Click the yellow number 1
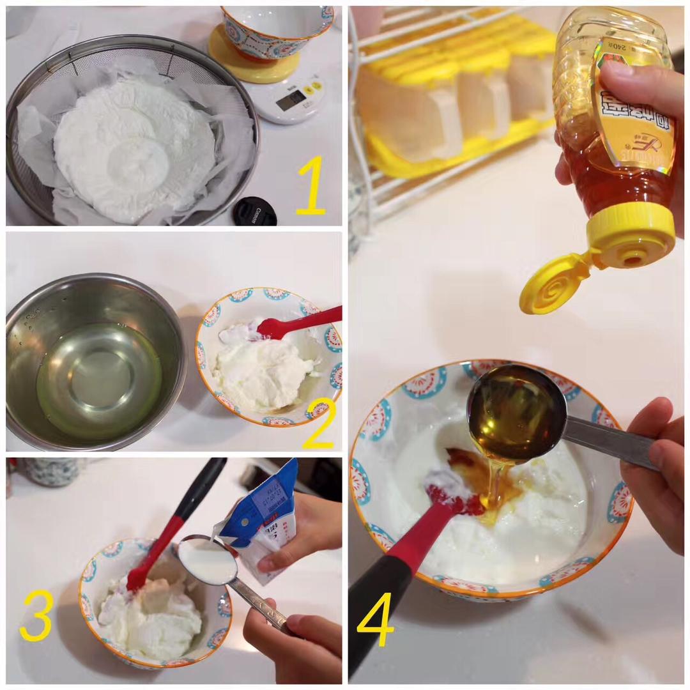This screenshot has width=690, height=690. pyautogui.click(x=311, y=186)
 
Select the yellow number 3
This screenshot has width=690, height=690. pyautogui.click(x=36, y=615)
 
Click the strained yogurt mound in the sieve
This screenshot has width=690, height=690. pyautogui.click(x=134, y=150)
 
